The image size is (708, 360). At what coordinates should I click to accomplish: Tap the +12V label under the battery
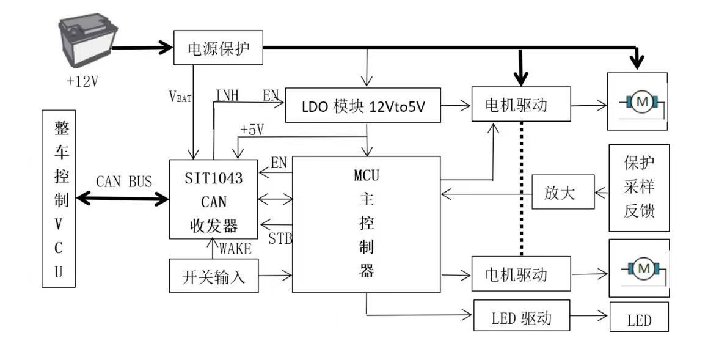pos(82,82)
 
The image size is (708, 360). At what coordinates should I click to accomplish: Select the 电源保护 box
pos(219,48)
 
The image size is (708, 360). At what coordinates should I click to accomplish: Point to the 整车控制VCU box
pos(59,199)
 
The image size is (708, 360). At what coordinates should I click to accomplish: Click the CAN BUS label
pos(124,182)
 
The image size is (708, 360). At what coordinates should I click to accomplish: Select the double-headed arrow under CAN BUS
pos(122,198)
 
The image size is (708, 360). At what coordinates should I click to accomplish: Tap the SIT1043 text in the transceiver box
pos(214,178)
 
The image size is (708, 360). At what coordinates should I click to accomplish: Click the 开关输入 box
pos(214,276)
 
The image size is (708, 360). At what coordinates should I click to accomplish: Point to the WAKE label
pos(235,248)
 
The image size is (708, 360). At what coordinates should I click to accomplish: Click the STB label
pos(280,238)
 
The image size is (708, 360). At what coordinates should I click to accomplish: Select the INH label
pos(227,95)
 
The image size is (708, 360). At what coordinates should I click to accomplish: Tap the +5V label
pos(252,130)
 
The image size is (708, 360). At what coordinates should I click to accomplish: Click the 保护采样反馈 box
pos(639,188)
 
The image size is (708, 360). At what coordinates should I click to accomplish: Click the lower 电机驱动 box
pos(521,274)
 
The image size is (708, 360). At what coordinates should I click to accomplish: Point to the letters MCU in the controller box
pos(366,175)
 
